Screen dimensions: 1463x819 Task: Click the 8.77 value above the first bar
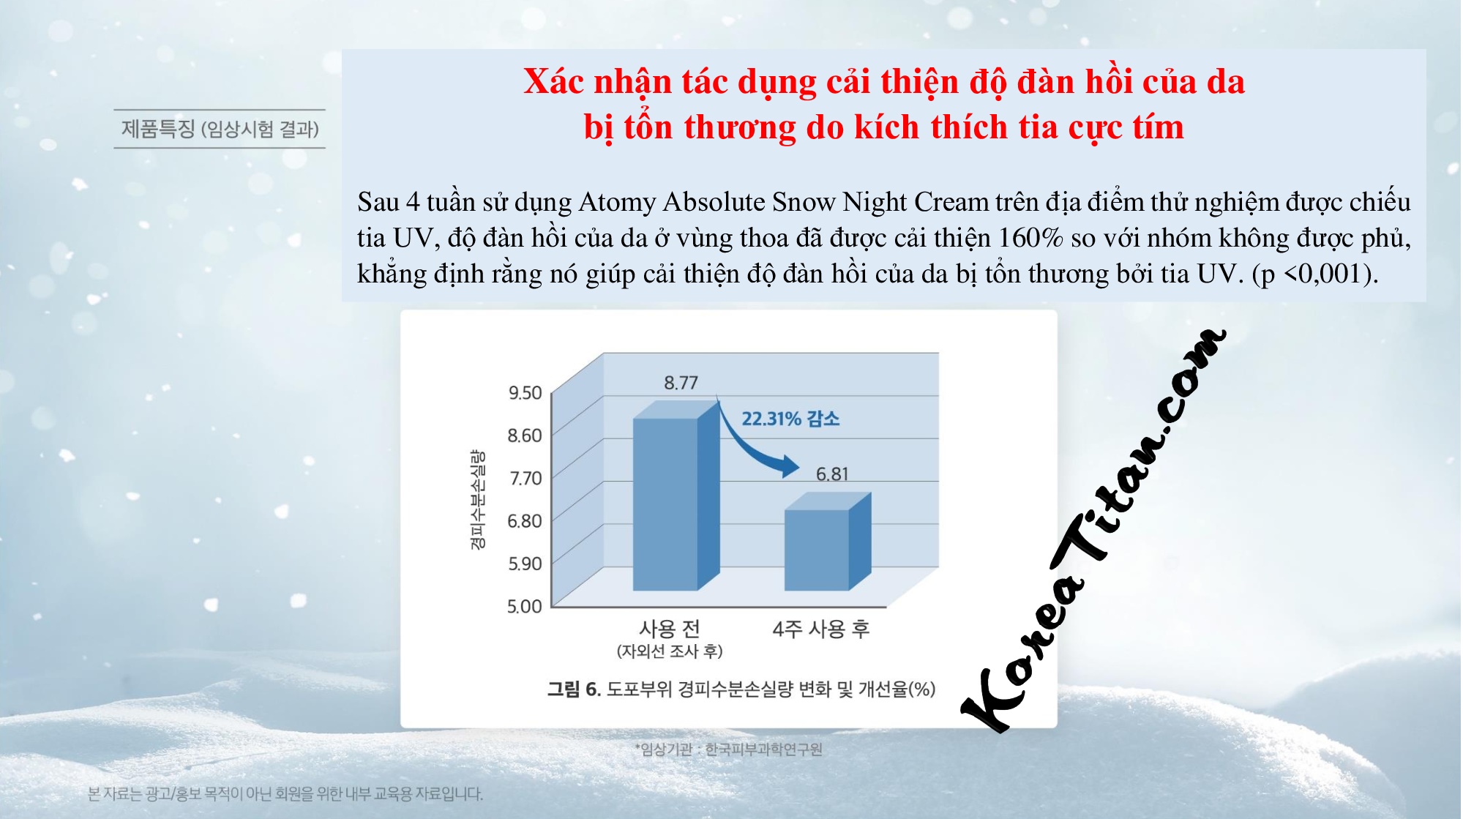coord(681,382)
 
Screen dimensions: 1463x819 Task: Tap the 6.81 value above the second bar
coord(832,474)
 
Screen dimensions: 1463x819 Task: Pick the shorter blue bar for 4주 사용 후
coord(828,541)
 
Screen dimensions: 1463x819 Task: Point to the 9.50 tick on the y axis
coord(525,393)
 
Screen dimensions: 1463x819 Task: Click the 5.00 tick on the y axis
coord(525,607)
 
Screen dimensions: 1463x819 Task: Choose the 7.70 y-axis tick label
coord(525,479)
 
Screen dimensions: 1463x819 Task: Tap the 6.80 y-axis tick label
coord(525,521)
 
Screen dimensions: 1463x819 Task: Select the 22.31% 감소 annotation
coord(790,419)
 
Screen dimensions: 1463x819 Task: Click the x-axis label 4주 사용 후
coord(821,629)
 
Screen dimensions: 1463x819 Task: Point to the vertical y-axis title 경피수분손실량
coord(477,500)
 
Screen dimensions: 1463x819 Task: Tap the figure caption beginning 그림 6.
coord(741,689)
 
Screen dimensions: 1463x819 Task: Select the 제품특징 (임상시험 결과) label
coord(220,130)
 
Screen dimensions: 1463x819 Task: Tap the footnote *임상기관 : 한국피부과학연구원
coord(728,749)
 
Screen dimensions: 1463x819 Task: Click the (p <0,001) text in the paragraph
coord(1315,274)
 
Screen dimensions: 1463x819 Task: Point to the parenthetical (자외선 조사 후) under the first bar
coord(670,651)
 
